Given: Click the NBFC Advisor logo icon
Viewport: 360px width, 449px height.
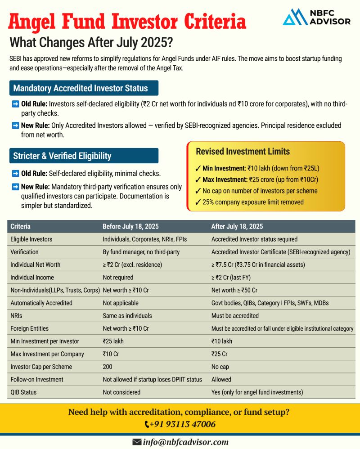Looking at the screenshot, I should coord(295,17).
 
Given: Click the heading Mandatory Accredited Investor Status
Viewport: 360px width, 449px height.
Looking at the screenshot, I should coord(84,88).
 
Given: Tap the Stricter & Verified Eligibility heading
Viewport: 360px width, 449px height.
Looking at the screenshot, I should coord(62,156).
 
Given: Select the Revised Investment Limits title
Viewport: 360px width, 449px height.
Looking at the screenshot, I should coord(243,152).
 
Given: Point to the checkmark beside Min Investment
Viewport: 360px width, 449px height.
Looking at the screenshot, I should coord(198,169).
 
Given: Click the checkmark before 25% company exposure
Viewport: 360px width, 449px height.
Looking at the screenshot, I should coord(198,202).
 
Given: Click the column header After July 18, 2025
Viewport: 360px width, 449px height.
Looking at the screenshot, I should coord(237,226).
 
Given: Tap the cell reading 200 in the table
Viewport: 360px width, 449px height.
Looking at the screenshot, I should coord(108,367).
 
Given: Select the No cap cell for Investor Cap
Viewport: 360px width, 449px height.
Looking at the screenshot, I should coord(221,367).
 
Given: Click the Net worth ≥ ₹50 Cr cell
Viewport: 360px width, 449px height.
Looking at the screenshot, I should coord(234,290).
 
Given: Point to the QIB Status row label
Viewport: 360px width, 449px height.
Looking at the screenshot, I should coord(23,392).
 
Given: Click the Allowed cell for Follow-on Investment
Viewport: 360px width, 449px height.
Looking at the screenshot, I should coord(221,379).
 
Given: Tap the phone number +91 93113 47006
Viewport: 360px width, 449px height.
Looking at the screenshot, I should coord(183,424).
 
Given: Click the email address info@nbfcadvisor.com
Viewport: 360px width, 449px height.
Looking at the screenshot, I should coord(186,442).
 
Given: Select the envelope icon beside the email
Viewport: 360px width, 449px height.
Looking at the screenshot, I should coord(137,442).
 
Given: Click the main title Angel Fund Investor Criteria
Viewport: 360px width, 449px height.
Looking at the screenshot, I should coord(128,21).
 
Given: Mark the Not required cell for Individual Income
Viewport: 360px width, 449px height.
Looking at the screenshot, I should coord(118,278).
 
